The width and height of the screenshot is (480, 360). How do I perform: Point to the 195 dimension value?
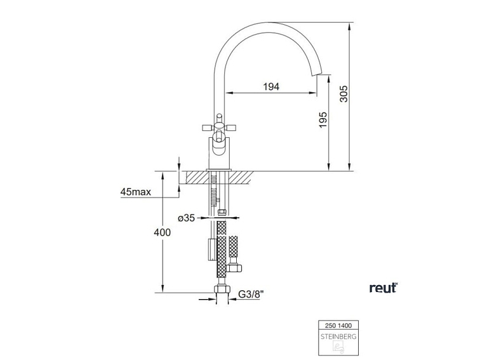click(323, 120)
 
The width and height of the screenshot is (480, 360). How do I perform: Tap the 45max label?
click(134, 192)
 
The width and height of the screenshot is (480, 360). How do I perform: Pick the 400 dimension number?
click(163, 232)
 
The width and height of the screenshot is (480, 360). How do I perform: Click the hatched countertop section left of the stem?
click(194, 177)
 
